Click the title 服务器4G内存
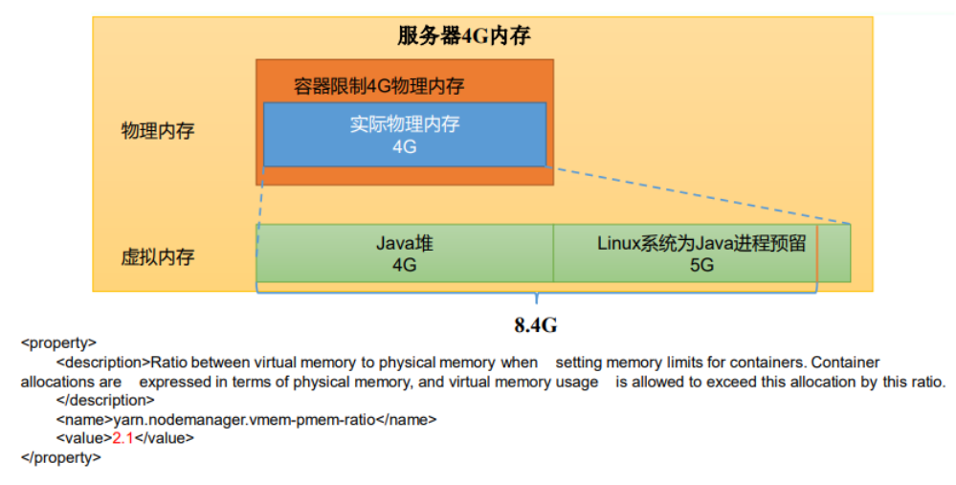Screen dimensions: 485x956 coord(464,36)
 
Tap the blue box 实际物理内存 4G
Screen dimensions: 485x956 coord(404,135)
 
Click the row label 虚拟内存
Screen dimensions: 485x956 coord(158,257)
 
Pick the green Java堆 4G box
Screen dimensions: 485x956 coord(404,254)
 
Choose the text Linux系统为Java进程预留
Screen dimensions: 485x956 coord(701,243)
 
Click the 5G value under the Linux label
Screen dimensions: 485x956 coord(701,265)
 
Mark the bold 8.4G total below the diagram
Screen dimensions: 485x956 coord(536,325)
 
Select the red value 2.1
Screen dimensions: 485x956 coord(122,438)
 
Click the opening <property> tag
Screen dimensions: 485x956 coord(58,342)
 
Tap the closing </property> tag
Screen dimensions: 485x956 coord(61,457)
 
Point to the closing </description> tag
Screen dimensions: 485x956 coord(104,400)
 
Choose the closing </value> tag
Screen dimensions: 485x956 coord(164,438)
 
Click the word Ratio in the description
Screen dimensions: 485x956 coord(169,363)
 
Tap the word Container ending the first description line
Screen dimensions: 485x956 coord(845,363)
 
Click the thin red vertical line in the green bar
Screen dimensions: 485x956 coord(817,254)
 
